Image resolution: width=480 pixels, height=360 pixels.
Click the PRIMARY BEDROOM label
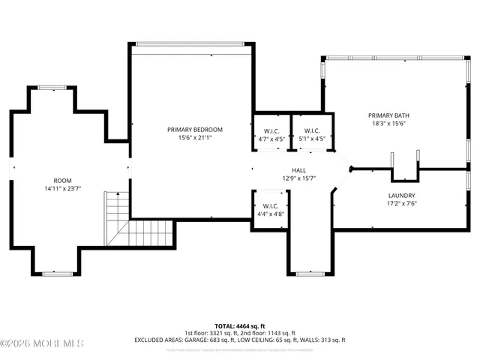pyautogui.click(x=190, y=130)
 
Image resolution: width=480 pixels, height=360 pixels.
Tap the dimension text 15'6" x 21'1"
pyautogui.click(x=190, y=138)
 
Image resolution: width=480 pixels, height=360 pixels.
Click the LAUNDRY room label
pyautogui.click(x=401, y=195)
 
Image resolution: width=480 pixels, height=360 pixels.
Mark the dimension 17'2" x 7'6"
pyautogui.click(x=401, y=203)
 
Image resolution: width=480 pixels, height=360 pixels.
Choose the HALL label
pyautogui.click(x=298, y=170)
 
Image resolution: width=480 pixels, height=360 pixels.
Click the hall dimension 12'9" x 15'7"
pyautogui.click(x=298, y=178)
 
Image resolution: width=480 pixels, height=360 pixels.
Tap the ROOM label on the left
pyautogui.click(x=62, y=181)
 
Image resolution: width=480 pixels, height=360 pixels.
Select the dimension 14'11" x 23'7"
pyautogui.click(x=62, y=189)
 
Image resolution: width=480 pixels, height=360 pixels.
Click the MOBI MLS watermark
pyautogui.click(x=43, y=344)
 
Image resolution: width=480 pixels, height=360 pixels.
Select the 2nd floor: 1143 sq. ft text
pyautogui.click(x=268, y=333)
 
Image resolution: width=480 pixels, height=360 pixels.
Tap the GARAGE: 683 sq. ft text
pyautogui.click(x=217, y=340)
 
